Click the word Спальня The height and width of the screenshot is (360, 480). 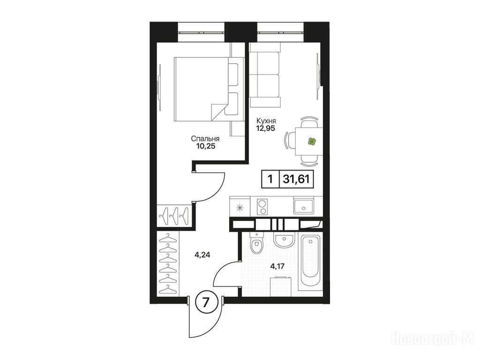click(205, 139)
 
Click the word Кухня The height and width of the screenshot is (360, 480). click(266, 120)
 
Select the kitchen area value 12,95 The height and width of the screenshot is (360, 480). click(266, 128)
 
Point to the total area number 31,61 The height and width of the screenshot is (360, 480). click(297, 179)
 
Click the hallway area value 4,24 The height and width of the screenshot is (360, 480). click(202, 255)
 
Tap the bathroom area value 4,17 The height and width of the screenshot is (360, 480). click(277, 266)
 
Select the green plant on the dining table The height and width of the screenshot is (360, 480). click(312, 142)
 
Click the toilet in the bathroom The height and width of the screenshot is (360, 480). click(256, 244)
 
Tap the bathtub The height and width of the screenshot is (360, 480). click(310, 262)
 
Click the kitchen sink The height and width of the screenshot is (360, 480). click(303, 206)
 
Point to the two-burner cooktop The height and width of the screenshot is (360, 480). click(262, 207)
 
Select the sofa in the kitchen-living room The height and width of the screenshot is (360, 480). click(265, 75)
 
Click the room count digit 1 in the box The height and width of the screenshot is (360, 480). click(270, 179)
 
